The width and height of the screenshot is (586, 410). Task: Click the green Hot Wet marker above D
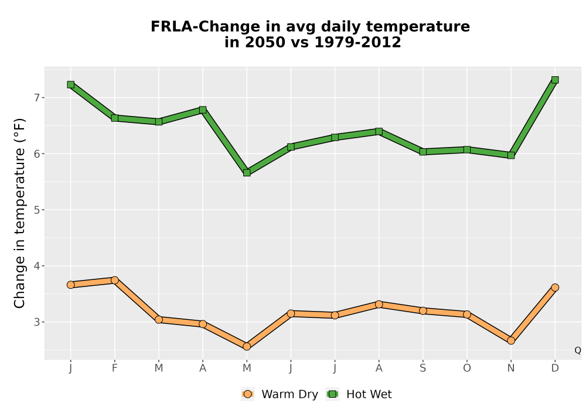click(555, 80)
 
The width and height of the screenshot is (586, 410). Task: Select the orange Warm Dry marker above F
click(115, 280)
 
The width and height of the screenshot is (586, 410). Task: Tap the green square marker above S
click(423, 152)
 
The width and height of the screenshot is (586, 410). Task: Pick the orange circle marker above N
click(511, 340)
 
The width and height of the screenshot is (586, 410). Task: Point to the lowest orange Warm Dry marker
click(247, 347)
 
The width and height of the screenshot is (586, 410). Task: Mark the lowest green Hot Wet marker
click(247, 173)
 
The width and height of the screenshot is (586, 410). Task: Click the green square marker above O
click(467, 150)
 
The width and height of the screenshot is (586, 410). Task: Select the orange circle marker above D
click(555, 288)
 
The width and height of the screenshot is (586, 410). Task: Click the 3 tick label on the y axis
click(36, 322)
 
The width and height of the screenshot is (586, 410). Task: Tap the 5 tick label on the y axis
click(36, 210)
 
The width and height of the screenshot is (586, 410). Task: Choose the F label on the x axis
click(115, 368)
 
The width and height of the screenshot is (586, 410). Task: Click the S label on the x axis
click(423, 368)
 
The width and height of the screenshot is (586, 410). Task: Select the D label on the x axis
click(555, 368)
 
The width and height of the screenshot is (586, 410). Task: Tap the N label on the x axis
click(511, 368)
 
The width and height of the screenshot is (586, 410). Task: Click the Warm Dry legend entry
click(280, 394)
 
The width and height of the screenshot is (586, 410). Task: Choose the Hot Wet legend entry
click(359, 394)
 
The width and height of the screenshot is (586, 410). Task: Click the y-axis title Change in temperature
click(19, 213)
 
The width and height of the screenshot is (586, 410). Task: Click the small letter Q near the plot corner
click(578, 350)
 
